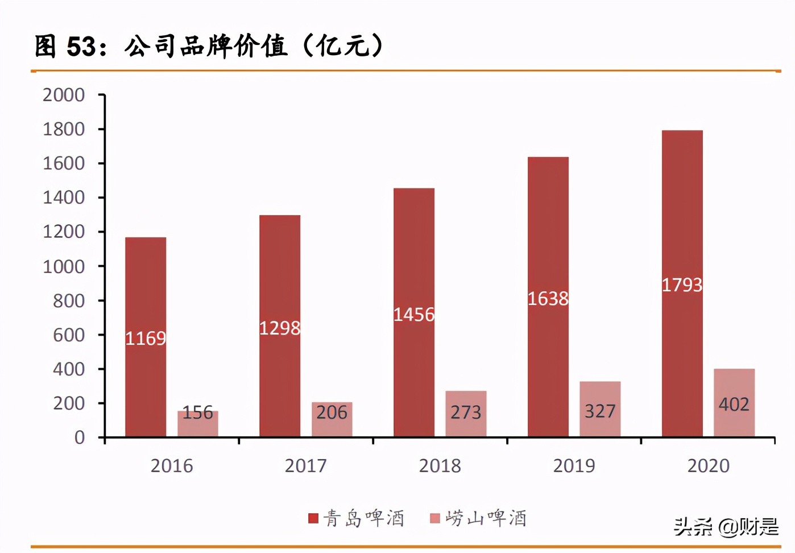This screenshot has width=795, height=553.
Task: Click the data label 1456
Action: (x=414, y=315)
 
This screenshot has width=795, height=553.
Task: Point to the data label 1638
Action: (x=548, y=299)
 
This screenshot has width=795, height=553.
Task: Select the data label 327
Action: (x=600, y=411)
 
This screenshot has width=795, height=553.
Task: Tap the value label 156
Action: (x=197, y=412)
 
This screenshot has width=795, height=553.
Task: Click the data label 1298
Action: (x=280, y=328)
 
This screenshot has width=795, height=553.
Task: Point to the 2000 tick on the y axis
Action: (x=64, y=95)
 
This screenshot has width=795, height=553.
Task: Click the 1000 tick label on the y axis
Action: (x=64, y=266)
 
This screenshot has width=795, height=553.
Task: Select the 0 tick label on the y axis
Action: (x=80, y=438)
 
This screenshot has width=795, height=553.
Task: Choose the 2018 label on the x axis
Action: (x=440, y=466)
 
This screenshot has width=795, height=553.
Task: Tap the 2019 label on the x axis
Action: (x=574, y=466)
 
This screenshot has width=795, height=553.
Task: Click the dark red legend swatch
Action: (x=313, y=518)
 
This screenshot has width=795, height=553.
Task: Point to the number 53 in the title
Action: (x=81, y=47)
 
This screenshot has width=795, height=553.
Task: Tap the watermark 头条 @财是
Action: (x=726, y=527)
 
